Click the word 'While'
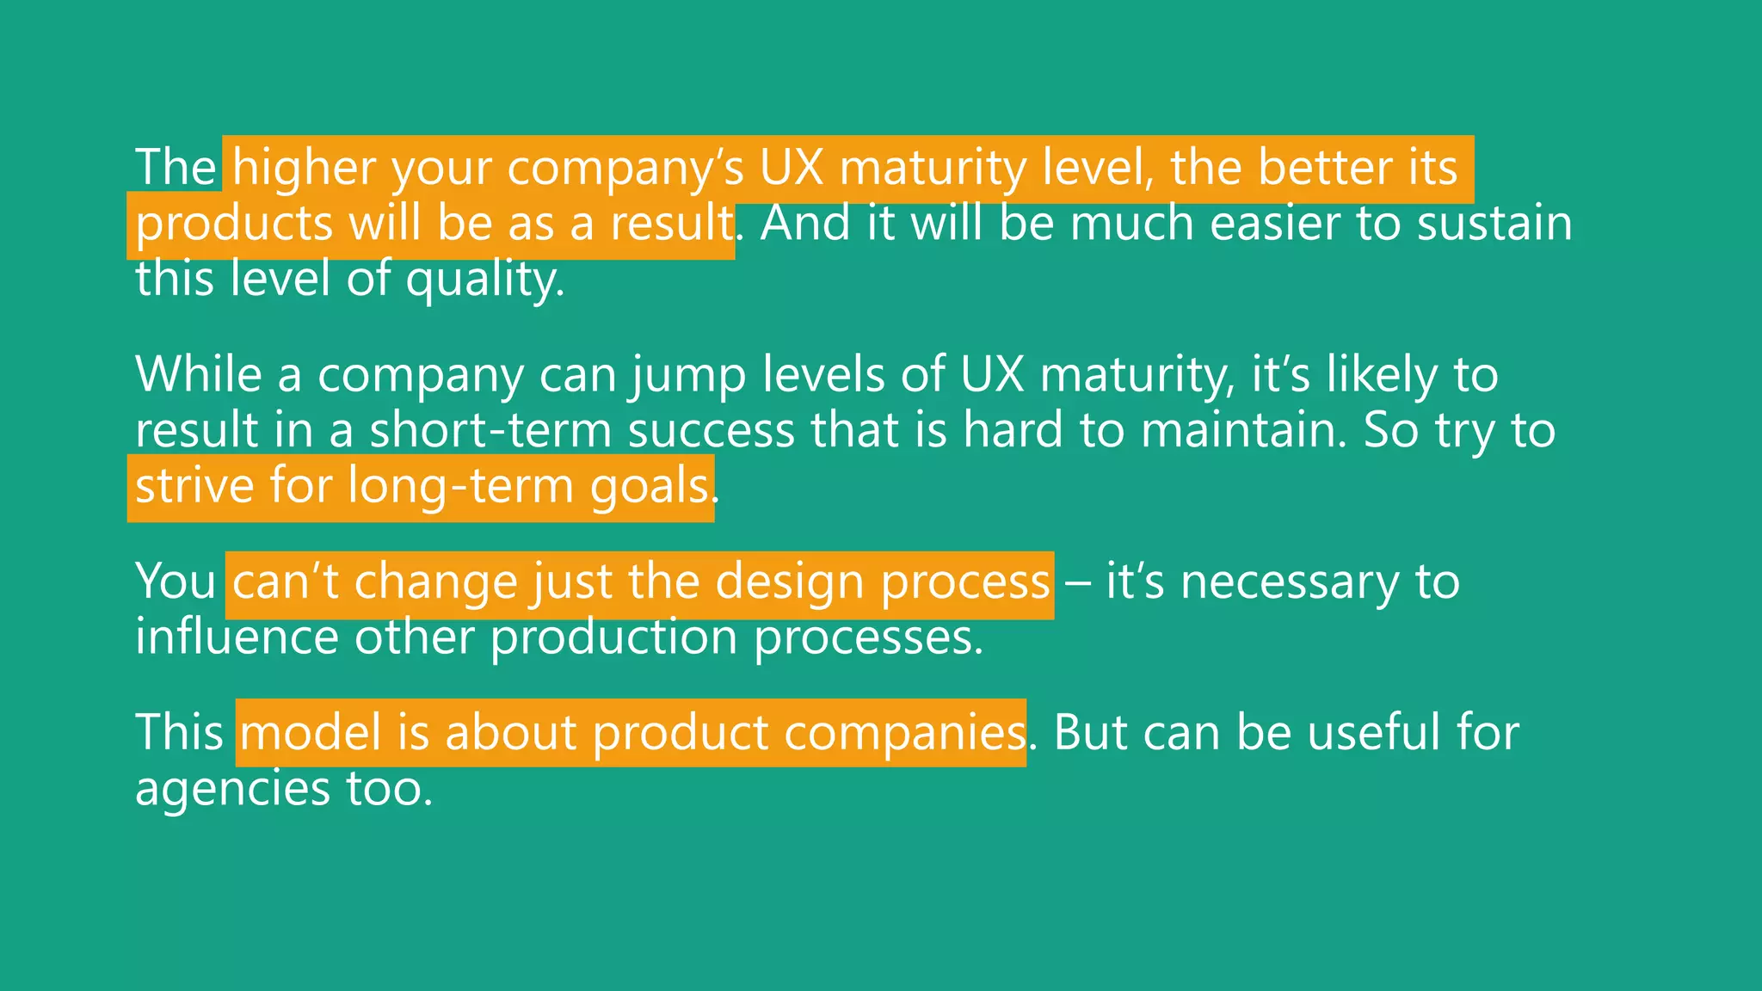(199, 375)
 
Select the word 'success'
(712, 430)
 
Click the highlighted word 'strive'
(194, 486)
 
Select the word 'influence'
(237, 637)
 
